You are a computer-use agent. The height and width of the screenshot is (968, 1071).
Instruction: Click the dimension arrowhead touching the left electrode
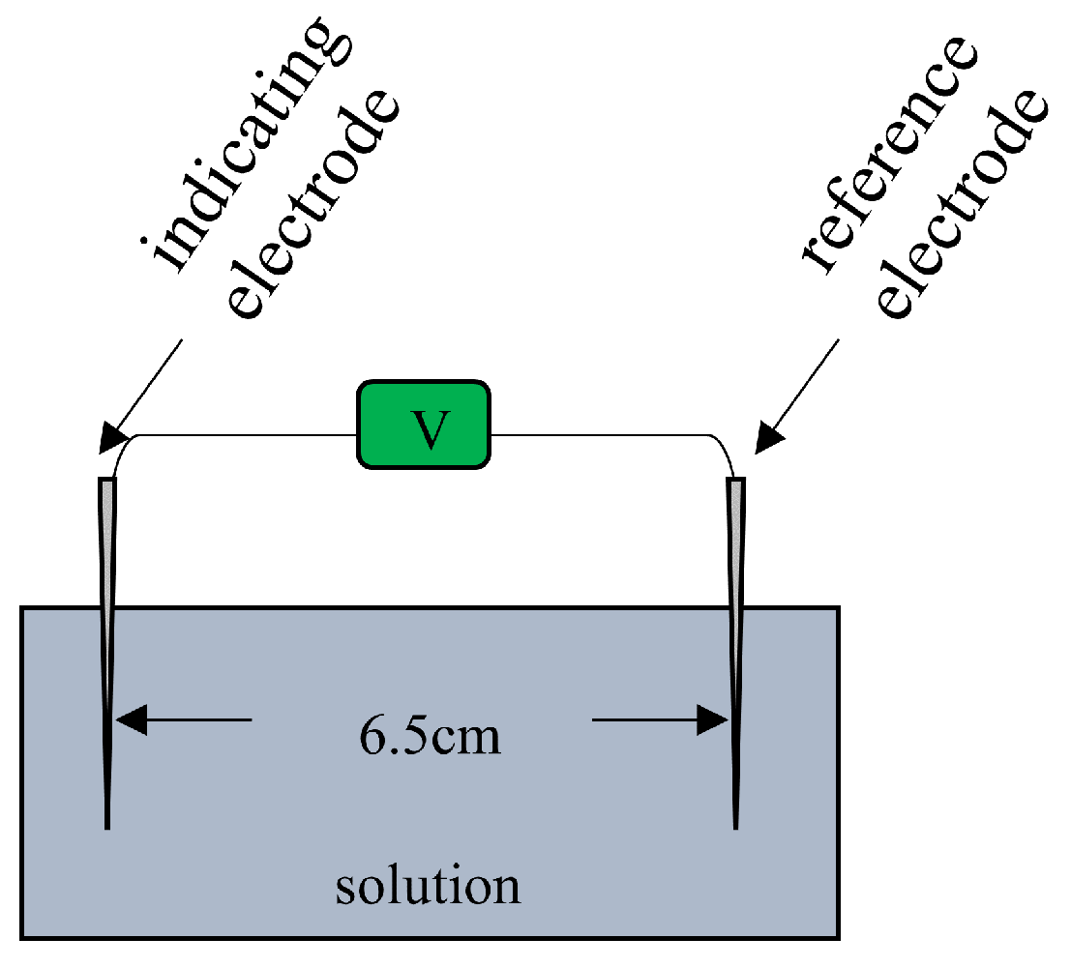131,719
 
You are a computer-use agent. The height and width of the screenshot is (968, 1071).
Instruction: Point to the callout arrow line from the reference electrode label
803,387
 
